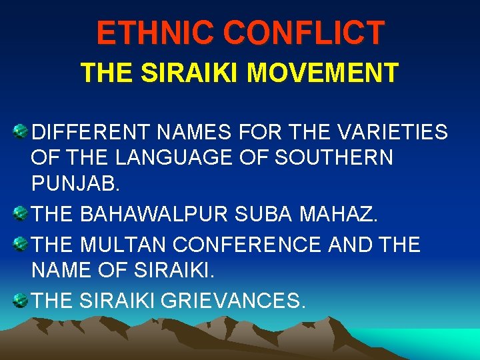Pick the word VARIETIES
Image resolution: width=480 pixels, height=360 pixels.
[392, 133]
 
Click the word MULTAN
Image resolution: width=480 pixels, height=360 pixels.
[123, 245]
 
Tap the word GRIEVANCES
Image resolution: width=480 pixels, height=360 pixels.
[225, 301]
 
